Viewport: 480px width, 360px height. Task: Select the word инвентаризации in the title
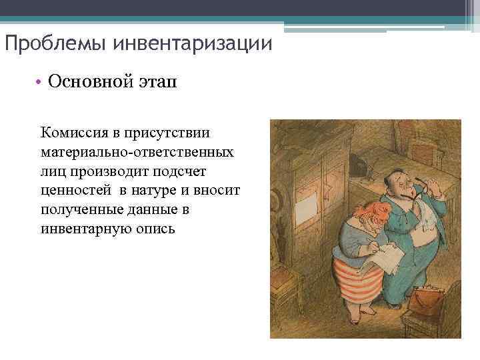[193, 45]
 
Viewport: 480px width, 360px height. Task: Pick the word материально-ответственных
[137, 153]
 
